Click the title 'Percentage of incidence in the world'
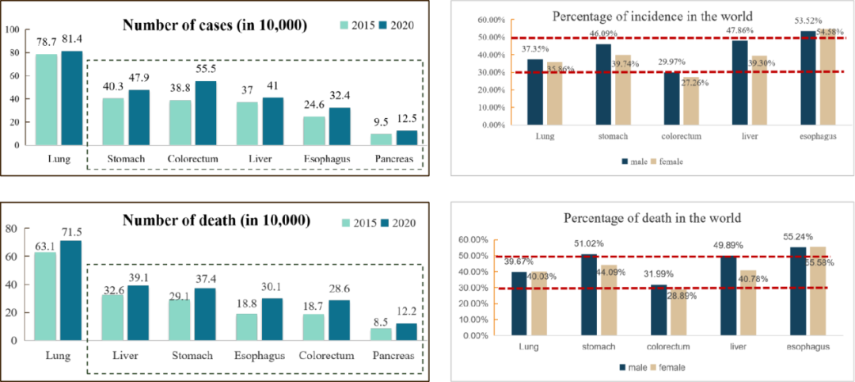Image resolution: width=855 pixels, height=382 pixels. click(x=652, y=16)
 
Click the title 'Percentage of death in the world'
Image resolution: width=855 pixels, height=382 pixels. click(x=652, y=218)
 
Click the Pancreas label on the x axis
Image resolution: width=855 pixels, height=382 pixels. click(x=394, y=356)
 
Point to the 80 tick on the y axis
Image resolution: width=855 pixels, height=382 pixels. click(x=12, y=229)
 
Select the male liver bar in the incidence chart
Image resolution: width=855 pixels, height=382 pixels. click(x=739, y=82)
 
